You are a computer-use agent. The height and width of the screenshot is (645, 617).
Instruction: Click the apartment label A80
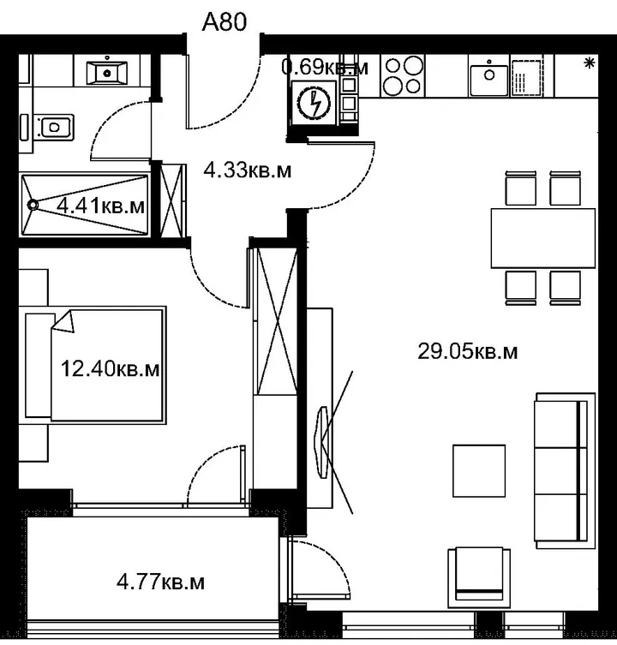[x=225, y=21]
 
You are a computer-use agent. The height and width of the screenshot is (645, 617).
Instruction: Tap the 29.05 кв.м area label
[x=468, y=352]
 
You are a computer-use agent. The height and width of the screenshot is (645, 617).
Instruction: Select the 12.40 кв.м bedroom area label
[x=110, y=368]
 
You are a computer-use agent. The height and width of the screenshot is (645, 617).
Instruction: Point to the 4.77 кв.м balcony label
[x=160, y=582]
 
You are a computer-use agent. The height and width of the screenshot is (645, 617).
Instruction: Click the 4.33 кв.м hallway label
[x=248, y=170]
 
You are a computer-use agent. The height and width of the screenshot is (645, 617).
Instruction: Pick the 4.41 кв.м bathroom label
[x=100, y=206]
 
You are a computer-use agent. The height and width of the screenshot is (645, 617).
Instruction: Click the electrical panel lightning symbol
[x=314, y=103]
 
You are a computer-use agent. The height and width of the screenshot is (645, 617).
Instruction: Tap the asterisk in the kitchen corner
[x=590, y=63]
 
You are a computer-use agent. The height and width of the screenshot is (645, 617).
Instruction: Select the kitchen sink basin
[x=489, y=75]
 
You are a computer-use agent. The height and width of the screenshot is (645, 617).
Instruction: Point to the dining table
[x=543, y=238]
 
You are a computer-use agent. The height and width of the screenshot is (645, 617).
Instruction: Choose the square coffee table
[x=479, y=470]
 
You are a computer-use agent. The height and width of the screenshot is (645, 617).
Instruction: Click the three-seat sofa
[x=565, y=470]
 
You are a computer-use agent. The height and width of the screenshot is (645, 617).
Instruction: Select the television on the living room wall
[x=321, y=442]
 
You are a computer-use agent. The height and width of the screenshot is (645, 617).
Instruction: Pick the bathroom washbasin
[x=106, y=73]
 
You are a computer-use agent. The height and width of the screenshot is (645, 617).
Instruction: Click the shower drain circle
[x=33, y=205]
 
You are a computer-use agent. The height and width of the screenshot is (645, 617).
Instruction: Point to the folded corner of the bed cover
[x=63, y=321]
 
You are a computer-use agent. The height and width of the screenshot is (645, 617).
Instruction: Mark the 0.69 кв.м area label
[x=325, y=67]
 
